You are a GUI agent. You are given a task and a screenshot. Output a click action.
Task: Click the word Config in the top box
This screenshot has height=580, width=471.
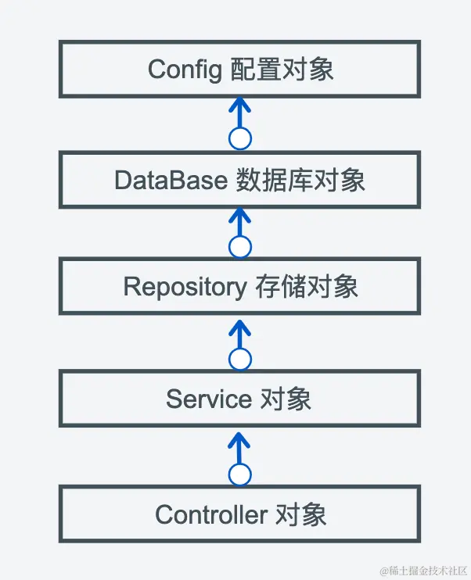[x=185, y=70]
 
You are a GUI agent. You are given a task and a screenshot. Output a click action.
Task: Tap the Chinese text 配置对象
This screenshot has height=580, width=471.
[x=282, y=70]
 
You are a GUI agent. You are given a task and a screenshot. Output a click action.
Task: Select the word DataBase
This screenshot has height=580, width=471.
[x=171, y=181]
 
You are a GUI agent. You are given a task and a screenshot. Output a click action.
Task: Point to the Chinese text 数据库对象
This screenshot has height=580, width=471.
[x=300, y=181]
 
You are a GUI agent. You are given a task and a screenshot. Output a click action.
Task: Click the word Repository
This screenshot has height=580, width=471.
[x=185, y=287]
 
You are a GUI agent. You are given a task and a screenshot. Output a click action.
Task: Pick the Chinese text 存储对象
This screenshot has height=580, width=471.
[x=307, y=287]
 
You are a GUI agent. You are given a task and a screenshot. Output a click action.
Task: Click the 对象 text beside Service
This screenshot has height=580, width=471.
[x=285, y=399]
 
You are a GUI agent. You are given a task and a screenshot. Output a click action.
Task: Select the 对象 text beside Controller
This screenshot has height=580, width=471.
[x=299, y=514]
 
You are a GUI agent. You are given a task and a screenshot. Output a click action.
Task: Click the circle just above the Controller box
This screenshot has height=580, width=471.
[x=240, y=474]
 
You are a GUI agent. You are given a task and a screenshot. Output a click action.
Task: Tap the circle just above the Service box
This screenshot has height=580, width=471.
[x=240, y=360]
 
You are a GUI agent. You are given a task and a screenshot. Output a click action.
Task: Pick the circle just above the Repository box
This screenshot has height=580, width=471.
[x=240, y=248]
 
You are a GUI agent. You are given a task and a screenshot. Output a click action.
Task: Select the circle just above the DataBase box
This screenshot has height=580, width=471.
[x=240, y=139]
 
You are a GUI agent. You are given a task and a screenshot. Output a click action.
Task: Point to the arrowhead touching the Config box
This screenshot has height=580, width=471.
[x=240, y=104]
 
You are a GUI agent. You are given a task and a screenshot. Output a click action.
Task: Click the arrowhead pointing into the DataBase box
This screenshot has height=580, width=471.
[x=240, y=213]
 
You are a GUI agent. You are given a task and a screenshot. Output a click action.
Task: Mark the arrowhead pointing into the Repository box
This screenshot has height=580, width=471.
[x=240, y=323]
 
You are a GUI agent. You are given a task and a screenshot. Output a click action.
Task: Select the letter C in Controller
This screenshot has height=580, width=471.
[x=164, y=514]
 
